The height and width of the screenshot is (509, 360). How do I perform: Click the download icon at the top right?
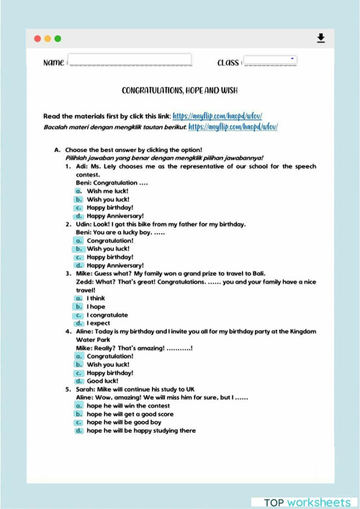tap(320, 38)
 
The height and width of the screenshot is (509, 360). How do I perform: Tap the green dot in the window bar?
tap(58, 38)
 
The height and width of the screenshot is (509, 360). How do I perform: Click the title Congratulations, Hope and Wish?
tap(179, 91)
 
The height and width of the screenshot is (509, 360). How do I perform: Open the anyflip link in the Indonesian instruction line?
tap(233, 127)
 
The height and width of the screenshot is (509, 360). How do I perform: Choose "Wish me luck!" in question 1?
tap(107, 191)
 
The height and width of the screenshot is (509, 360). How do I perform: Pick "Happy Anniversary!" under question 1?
tap(114, 215)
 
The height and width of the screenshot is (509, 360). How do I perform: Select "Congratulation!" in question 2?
tap(109, 240)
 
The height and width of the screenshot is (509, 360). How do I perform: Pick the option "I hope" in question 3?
tap(96, 307)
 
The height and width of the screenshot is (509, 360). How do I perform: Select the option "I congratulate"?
tap(107, 315)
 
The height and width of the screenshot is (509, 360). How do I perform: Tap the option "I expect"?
tap(98, 323)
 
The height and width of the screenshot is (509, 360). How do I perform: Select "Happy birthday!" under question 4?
tap(109, 373)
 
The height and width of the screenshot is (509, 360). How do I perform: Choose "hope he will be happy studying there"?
tap(140, 431)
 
